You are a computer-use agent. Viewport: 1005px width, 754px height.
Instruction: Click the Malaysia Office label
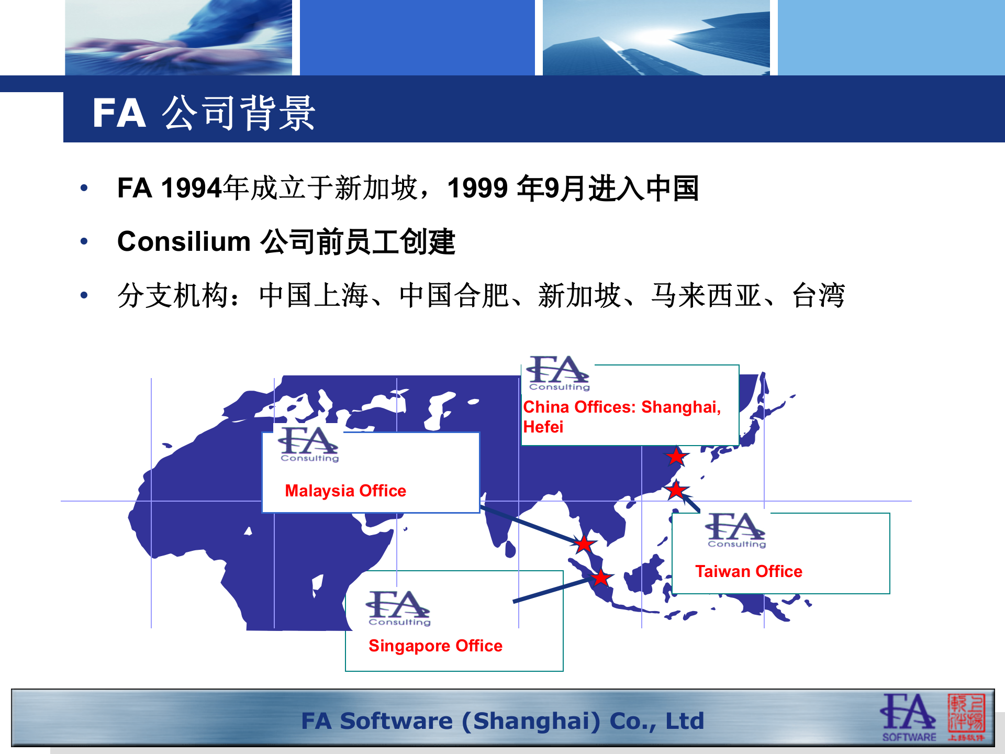point(345,491)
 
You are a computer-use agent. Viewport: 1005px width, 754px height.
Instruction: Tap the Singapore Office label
point(435,646)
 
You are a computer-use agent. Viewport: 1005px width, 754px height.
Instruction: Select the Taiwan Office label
point(749,571)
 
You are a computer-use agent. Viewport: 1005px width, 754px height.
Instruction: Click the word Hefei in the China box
point(543,427)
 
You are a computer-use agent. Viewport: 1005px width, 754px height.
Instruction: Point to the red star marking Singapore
point(601,578)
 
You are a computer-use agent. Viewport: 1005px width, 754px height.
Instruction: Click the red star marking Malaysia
point(584,544)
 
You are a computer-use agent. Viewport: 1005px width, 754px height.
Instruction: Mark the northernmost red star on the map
point(676,456)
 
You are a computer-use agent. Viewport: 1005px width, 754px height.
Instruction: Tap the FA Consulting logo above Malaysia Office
point(309,444)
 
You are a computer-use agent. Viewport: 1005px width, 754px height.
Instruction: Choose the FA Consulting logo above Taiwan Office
point(736,529)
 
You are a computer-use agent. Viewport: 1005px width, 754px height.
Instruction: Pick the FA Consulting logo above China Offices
point(558,373)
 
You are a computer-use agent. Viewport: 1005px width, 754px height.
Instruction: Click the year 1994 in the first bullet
point(192,188)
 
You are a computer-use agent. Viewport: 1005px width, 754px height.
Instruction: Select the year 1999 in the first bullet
point(478,188)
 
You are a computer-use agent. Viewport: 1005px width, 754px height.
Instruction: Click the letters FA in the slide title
point(119,113)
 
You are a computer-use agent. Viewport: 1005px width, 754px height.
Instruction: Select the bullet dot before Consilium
point(84,241)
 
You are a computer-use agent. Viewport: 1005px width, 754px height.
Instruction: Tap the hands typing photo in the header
point(178,38)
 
